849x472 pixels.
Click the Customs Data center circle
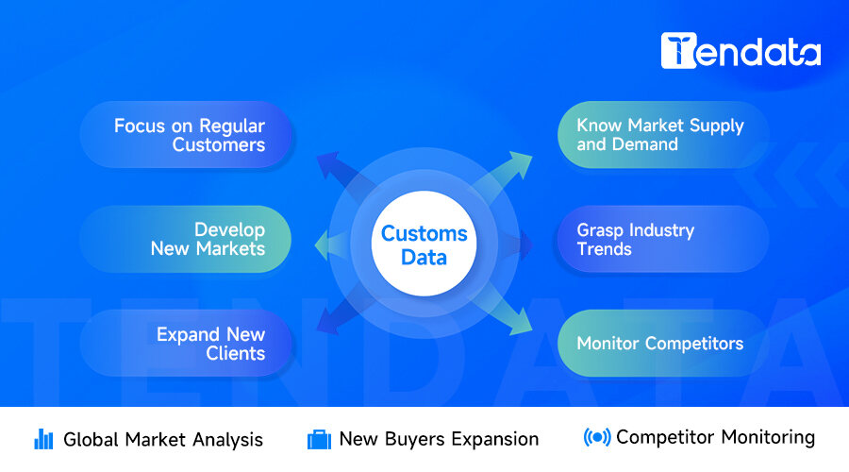(424, 244)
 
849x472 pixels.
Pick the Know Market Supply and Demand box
(659, 135)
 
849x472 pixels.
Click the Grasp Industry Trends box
(659, 239)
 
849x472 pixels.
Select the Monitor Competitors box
(659, 344)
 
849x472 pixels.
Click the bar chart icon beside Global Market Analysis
(43, 439)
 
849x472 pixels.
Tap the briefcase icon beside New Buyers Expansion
(319, 439)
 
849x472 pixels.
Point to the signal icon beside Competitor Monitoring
(596, 438)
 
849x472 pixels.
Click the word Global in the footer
(92, 439)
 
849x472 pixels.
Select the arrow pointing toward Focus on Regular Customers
(336, 170)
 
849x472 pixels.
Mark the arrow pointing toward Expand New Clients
(336, 319)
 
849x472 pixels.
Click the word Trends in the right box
(605, 249)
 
